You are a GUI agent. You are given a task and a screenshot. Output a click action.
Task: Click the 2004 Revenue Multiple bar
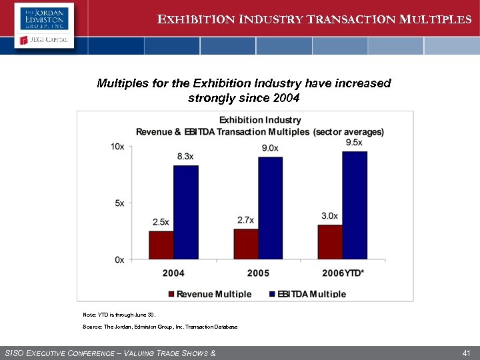click(x=161, y=245)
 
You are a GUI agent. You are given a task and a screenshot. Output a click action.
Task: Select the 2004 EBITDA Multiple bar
click(x=186, y=212)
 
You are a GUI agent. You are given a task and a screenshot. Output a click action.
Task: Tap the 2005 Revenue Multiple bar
click(x=246, y=243)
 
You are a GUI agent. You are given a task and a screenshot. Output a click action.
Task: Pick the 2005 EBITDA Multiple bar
click(x=270, y=208)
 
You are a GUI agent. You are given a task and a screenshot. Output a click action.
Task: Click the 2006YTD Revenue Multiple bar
click(x=330, y=242)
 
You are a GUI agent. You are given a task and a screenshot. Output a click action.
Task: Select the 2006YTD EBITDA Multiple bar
click(x=355, y=205)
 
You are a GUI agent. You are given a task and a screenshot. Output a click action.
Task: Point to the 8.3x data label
click(x=185, y=157)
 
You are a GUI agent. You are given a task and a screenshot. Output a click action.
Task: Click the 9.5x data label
click(x=354, y=142)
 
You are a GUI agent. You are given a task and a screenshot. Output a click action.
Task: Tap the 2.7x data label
click(x=245, y=220)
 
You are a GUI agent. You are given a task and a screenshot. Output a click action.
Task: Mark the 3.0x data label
click(x=329, y=216)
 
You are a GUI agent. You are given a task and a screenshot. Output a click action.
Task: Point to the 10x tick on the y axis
click(x=117, y=146)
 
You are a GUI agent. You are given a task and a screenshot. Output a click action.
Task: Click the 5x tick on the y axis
click(x=119, y=203)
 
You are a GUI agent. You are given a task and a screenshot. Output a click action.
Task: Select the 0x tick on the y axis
click(x=119, y=259)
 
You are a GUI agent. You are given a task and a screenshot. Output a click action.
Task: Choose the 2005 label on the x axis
click(x=258, y=273)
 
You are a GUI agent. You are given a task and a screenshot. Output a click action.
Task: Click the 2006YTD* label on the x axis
click(x=343, y=273)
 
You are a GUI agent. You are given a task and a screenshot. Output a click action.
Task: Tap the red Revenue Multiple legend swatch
click(x=171, y=294)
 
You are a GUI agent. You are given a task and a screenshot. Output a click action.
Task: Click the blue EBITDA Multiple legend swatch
click(x=272, y=294)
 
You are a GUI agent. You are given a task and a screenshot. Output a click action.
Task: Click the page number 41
click(x=466, y=352)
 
